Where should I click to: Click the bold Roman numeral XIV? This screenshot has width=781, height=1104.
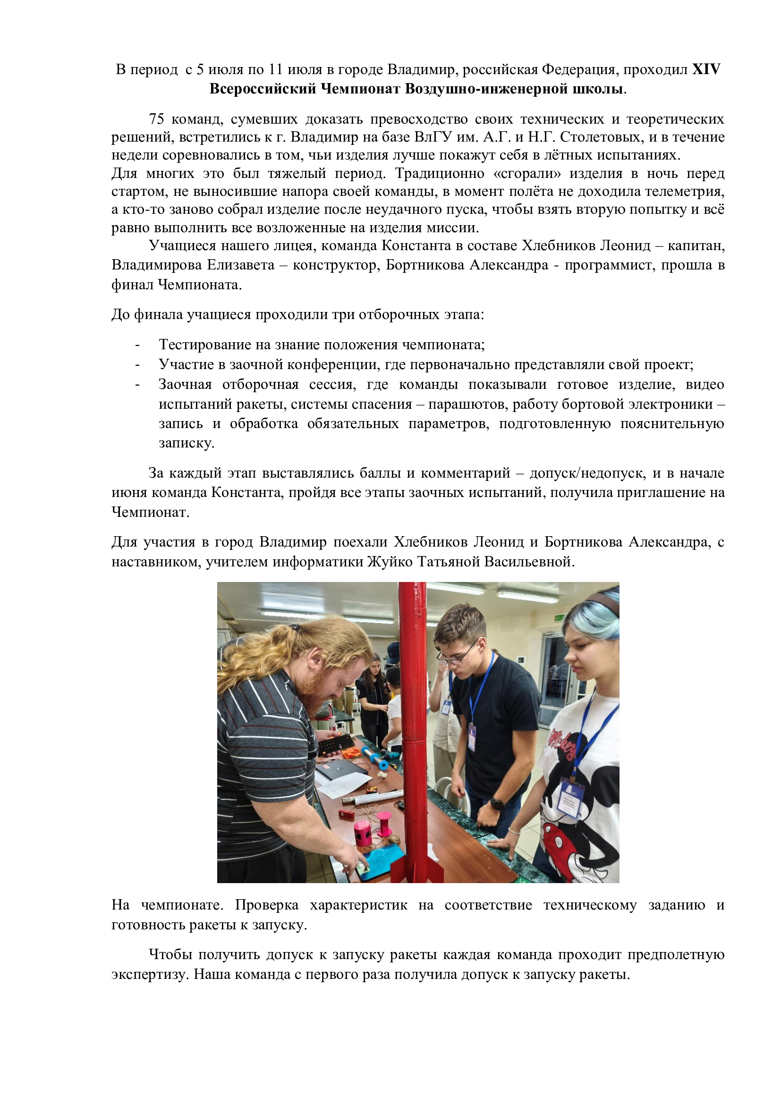click(x=705, y=70)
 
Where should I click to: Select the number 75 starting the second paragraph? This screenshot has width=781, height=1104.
click(x=156, y=119)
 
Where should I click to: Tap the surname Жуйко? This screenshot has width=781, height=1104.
click(x=390, y=562)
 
